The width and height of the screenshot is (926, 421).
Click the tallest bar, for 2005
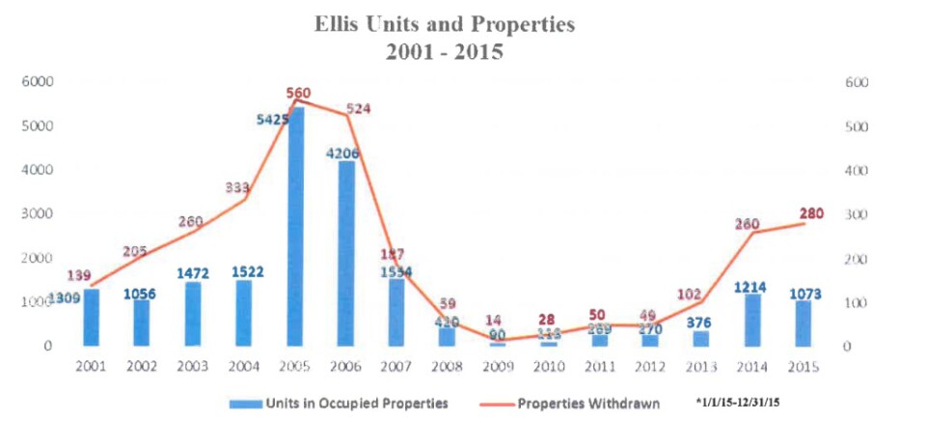point(297,226)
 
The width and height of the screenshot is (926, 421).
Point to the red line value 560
point(297,94)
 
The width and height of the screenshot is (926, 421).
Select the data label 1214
point(752,287)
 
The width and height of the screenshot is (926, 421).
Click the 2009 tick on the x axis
point(499,367)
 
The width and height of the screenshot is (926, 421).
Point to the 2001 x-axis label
point(92,367)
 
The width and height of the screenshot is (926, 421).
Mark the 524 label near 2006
point(359,109)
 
